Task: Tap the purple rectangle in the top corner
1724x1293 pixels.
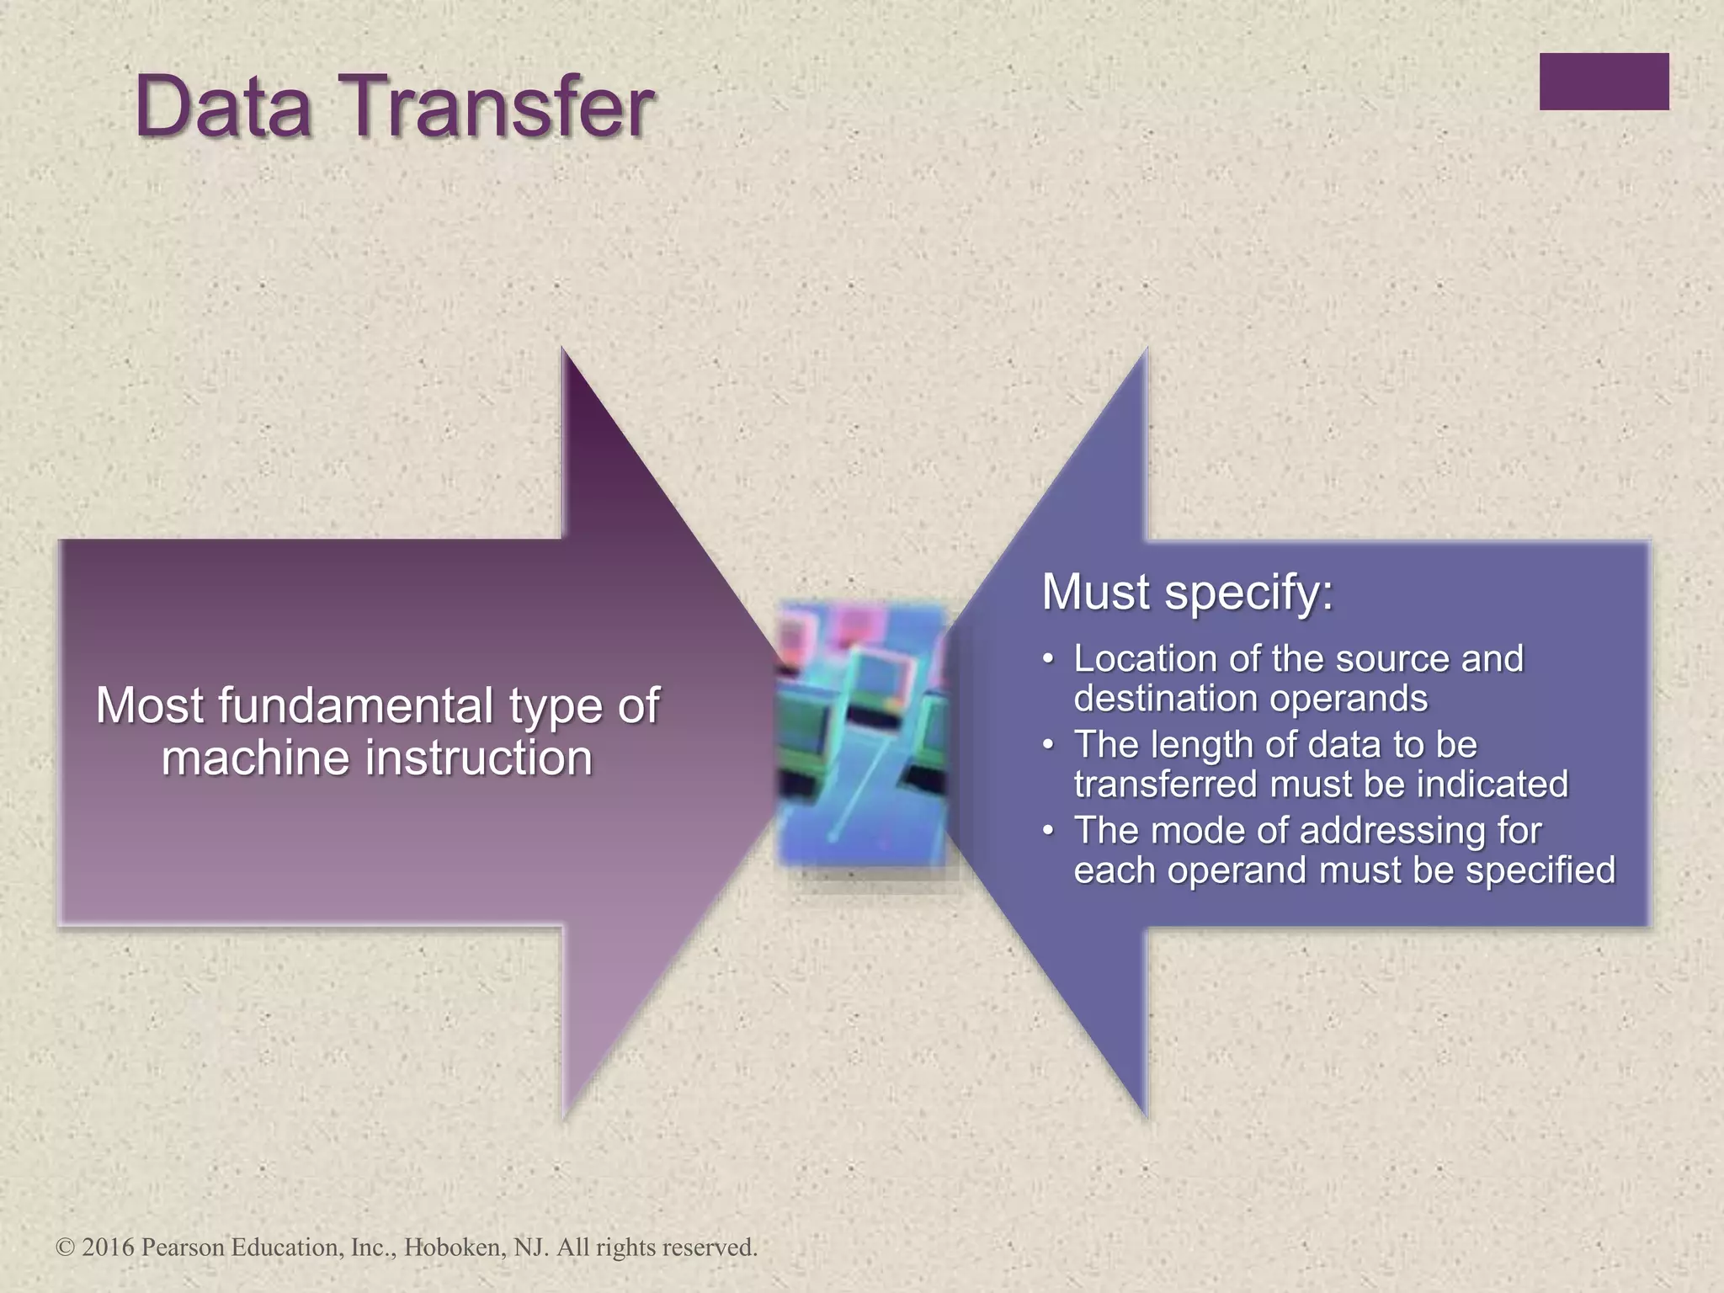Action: click(x=1604, y=82)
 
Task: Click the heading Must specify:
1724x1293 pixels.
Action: click(x=1187, y=592)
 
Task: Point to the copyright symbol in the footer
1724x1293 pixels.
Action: click(x=65, y=1248)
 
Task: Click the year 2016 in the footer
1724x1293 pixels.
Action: click(x=108, y=1248)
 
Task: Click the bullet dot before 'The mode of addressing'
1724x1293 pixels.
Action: click(x=1048, y=831)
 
